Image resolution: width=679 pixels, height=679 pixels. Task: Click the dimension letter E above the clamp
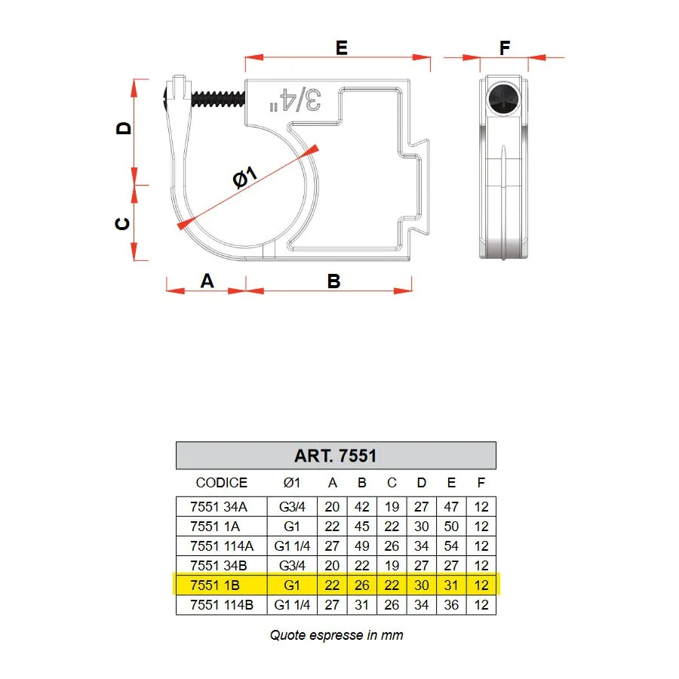click(342, 48)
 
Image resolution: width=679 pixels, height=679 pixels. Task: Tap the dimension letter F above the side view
click(505, 48)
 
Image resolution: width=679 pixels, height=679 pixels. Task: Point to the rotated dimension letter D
click(124, 128)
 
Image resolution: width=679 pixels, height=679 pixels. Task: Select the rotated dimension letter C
click(122, 223)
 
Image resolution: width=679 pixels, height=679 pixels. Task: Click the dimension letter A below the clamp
click(207, 281)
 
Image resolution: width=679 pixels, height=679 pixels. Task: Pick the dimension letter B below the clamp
click(334, 281)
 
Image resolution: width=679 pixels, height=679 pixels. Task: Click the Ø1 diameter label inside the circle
click(245, 177)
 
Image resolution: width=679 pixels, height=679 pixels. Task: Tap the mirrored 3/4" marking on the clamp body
click(295, 100)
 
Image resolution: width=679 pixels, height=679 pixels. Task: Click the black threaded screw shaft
click(218, 99)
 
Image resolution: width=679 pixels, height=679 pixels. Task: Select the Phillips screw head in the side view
click(504, 99)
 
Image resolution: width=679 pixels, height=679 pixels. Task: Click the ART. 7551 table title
click(336, 456)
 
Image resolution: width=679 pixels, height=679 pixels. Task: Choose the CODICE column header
click(221, 482)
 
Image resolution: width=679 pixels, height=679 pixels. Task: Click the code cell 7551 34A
click(218, 507)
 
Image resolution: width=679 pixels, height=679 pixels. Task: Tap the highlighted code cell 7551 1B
click(215, 585)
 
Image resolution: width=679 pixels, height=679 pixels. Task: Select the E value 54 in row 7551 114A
click(451, 546)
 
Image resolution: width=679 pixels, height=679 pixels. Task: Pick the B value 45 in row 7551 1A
click(362, 526)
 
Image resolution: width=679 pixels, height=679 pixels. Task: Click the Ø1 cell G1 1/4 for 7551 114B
click(292, 605)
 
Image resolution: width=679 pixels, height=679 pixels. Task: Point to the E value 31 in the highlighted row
click(451, 585)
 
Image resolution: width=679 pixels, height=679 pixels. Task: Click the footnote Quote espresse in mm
click(336, 635)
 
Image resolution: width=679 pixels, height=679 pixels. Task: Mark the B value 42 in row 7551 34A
click(362, 507)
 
